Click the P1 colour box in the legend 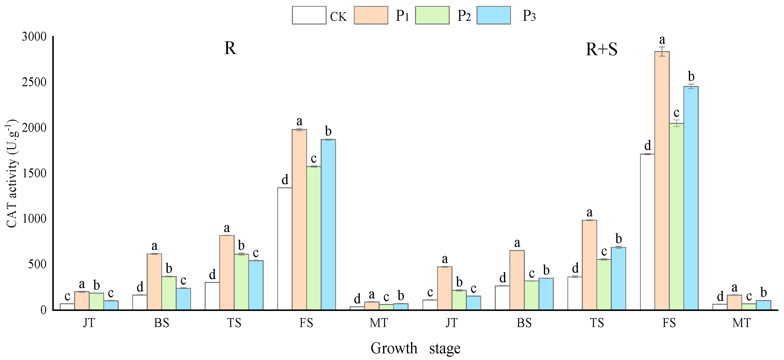(x=371, y=15)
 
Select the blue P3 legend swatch (x=493, y=15)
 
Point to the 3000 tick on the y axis (x=34, y=37)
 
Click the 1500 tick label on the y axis (x=34, y=173)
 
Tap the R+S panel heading (x=601, y=50)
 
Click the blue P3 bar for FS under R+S (x=691, y=198)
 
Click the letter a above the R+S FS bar (x=662, y=40)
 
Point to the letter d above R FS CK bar (x=284, y=180)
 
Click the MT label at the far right (x=741, y=323)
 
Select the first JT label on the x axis (x=89, y=323)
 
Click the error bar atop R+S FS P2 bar (x=676, y=123)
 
